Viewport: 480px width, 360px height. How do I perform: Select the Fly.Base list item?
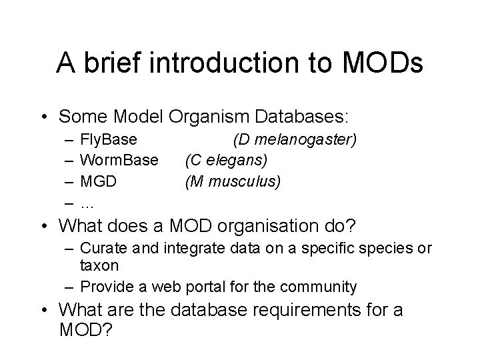point(109,140)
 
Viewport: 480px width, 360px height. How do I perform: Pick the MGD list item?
point(98,181)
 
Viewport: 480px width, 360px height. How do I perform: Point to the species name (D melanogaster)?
point(295,140)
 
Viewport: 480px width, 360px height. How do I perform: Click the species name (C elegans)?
point(226,161)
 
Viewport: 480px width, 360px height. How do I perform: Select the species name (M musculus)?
point(233,181)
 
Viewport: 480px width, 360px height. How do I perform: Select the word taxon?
point(99,265)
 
